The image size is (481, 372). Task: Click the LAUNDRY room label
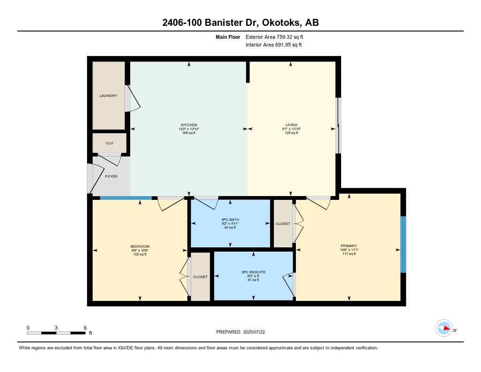[x=108, y=96]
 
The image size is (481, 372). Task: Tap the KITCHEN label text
[x=189, y=125]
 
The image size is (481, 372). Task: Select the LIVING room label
[x=291, y=125]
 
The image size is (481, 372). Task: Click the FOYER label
[x=111, y=176]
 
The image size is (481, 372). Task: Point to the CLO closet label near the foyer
[x=109, y=143]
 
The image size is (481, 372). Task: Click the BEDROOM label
[x=140, y=246]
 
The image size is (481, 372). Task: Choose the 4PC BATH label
[x=230, y=219]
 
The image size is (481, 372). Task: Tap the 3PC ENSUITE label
[x=254, y=272]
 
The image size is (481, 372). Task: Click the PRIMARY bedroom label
[x=349, y=245]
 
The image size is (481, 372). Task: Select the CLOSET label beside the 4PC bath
[x=283, y=224]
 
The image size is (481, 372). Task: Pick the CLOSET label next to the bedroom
[x=200, y=277]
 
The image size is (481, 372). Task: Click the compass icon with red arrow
[x=444, y=328]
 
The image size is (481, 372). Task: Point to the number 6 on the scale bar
[x=85, y=327]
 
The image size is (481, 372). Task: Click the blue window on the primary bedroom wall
[x=403, y=244]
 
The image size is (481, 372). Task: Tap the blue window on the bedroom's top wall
[x=126, y=198]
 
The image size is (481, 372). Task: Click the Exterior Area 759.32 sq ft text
[x=278, y=37]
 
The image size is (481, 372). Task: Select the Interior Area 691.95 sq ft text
[x=273, y=45]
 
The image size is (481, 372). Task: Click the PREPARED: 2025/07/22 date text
[x=244, y=332]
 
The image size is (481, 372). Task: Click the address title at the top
[x=240, y=23]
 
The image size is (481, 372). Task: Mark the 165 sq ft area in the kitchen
[x=189, y=133]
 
